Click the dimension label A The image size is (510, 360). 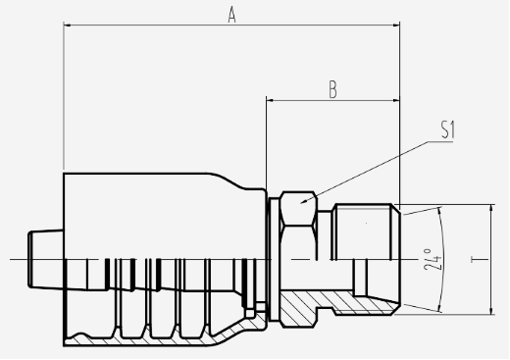(231, 16)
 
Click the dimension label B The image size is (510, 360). (332, 90)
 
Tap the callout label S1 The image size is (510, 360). (448, 129)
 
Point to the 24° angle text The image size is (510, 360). (433, 260)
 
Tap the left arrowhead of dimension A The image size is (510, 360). (67, 25)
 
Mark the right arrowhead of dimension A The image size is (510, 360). (396, 25)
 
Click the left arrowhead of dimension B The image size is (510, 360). (270, 100)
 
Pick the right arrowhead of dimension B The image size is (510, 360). (396, 100)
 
